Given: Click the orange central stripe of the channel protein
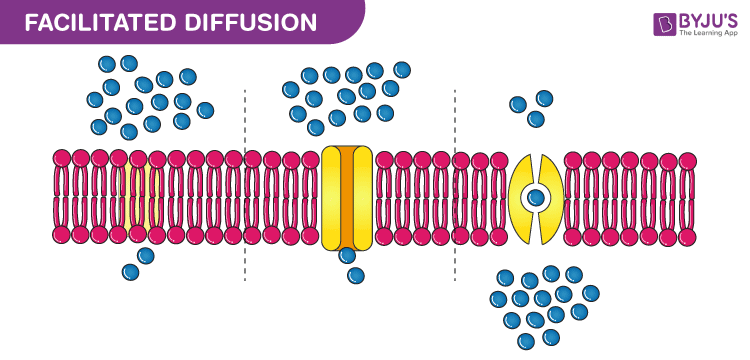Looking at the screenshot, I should (x=346, y=197).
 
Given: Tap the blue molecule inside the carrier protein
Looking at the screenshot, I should (x=537, y=197).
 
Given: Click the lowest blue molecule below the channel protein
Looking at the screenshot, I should (x=356, y=275).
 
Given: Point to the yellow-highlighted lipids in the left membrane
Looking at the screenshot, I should (x=145, y=196).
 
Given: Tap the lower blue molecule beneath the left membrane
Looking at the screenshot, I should (x=130, y=271).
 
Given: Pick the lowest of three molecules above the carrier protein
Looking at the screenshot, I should (x=536, y=120).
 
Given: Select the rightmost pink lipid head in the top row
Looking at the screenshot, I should (x=688, y=159).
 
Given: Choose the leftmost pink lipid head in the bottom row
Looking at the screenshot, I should (x=61, y=235).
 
